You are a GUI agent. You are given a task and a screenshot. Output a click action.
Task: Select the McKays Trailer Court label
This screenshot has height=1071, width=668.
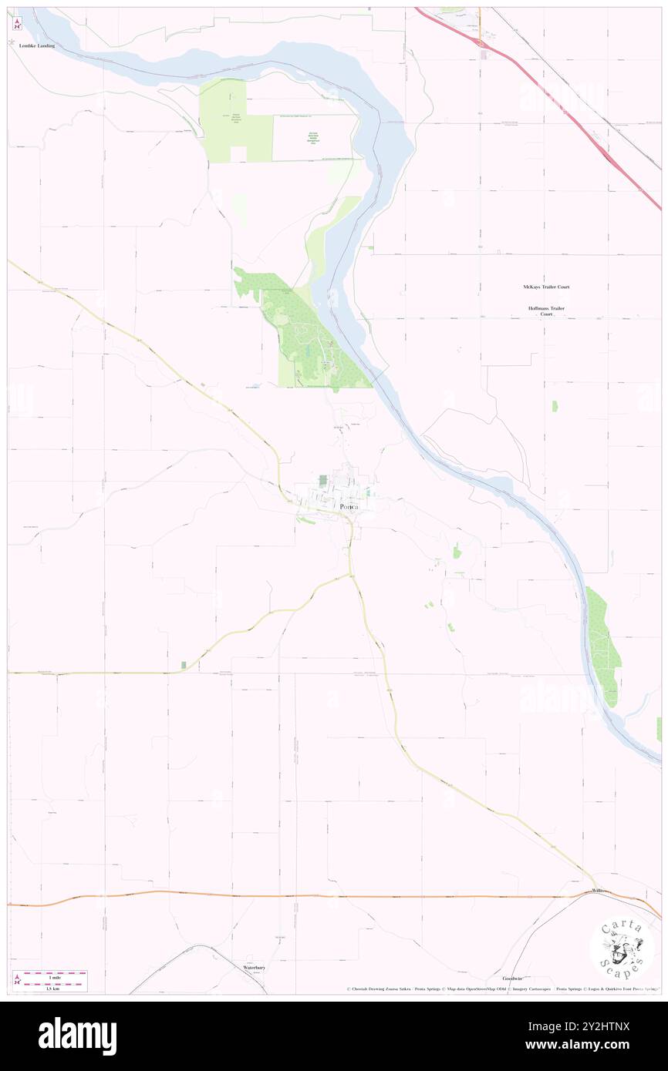(546, 287)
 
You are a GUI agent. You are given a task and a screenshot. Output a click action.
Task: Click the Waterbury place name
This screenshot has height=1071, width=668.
(254, 966)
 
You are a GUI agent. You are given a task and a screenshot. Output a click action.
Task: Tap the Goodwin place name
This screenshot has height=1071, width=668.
(512, 978)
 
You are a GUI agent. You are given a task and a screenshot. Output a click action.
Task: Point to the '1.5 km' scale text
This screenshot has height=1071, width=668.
(55, 988)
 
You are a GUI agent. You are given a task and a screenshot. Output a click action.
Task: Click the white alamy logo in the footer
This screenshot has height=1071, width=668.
(77, 1036)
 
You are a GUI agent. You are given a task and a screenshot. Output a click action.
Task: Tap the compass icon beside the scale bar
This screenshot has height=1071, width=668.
(17, 979)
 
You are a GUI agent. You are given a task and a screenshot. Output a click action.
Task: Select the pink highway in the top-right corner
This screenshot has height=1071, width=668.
(586, 131)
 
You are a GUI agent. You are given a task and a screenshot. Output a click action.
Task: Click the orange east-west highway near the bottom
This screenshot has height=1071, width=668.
(309, 896)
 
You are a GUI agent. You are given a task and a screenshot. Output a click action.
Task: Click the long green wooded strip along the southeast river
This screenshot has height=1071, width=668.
(602, 643)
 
